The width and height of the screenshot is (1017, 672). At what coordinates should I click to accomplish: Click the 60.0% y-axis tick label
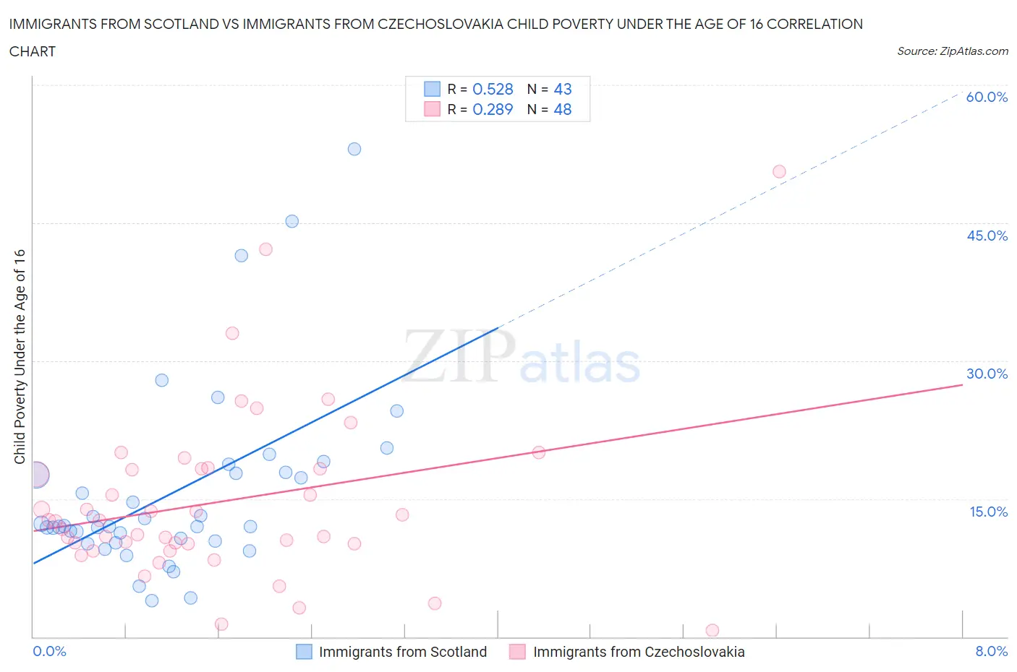click(987, 97)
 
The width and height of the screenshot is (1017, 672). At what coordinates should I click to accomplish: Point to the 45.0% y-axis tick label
click(987, 236)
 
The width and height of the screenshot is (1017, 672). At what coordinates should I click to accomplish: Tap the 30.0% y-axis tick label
click(987, 374)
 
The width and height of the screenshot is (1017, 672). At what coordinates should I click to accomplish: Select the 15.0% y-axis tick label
click(988, 512)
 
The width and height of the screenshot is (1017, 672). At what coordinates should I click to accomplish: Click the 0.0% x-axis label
click(49, 651)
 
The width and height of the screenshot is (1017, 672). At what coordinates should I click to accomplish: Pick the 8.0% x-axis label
click(991, 651)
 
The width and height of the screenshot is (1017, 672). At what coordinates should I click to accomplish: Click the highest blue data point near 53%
click(354, 149)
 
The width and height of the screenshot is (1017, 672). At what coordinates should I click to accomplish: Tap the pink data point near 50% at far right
click(779, 171)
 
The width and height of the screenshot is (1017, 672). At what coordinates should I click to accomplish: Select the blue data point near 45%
click(292, 221)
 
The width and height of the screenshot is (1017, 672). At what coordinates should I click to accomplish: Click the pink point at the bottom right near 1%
click(712, 630)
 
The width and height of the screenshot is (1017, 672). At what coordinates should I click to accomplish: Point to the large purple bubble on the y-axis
click(36, 475)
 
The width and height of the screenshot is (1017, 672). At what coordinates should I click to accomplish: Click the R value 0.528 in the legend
click(493, 89)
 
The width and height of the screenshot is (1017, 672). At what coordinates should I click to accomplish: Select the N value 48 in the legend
click(563, 109)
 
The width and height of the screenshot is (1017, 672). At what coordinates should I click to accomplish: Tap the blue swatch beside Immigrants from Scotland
click(304, 652)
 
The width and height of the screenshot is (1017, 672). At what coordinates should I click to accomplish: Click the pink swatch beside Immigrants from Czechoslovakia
click(517, 652)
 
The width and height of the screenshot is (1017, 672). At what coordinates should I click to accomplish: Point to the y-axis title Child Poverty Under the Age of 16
click(20, 356)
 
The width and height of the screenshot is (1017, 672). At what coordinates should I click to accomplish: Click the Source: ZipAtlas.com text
click(952, 51)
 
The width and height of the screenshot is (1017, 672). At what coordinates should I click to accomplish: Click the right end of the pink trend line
click(962, 384)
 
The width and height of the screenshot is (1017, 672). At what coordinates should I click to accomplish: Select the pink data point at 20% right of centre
click(539, 452)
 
